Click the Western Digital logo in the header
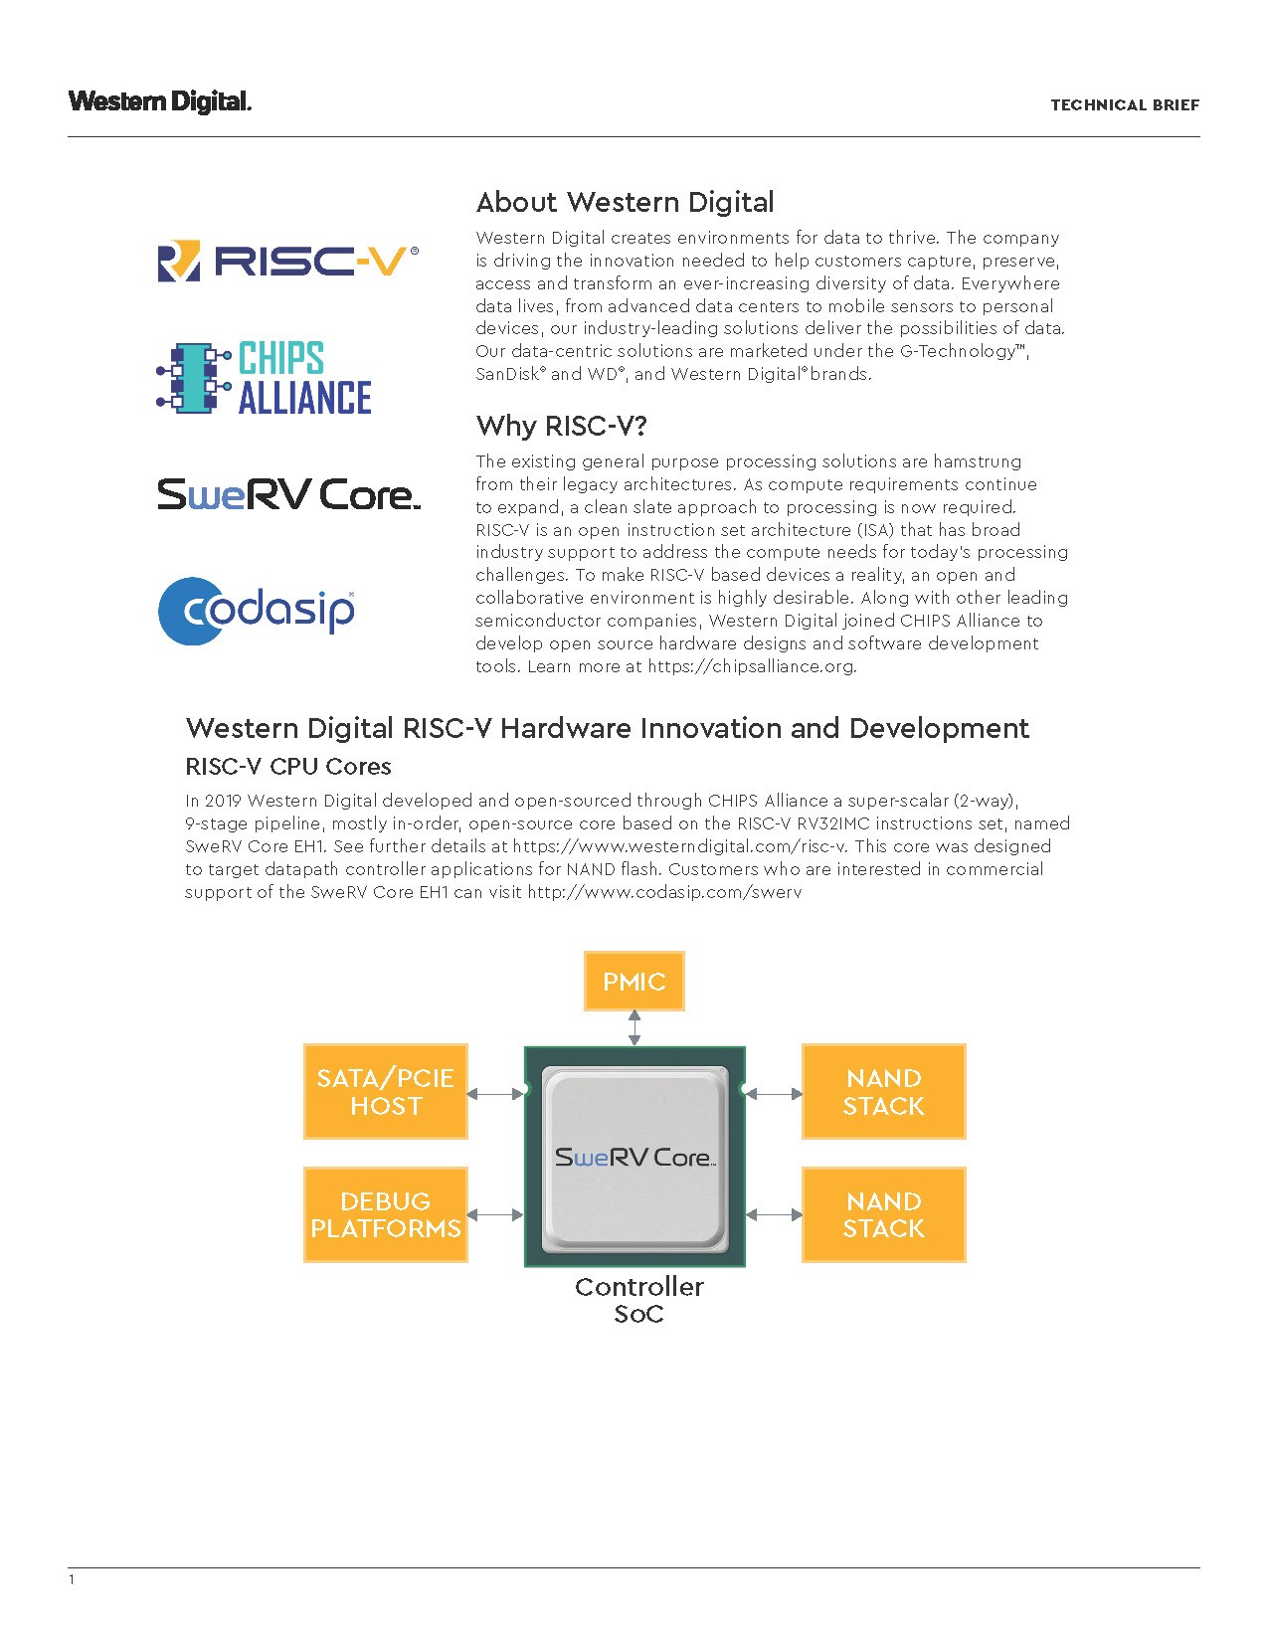pyautogui.click(x=160, y=101)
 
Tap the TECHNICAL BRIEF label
pyautogui.click(x=1125, y=105)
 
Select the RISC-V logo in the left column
pyautogui.click(x=288, y=261)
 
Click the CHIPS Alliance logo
pyautogui.click(x=265, y=378)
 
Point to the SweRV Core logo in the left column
pyautogui.click(x=288, y=494)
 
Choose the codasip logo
pyautogui.click(x=257, y=610)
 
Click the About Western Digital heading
pyautogui.click(x=625, y=203)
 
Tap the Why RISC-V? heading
pyautogui.click(x=562, y=427)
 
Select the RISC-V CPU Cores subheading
pyautogui.click(x=288, y=767)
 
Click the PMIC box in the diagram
pyautogui.click(x=634, y=982)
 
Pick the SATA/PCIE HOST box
pyautogui.click(x=386, y=1092)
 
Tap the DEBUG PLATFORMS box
pyautogui.click(x=386, y=1215)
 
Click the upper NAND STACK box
pyautogui.click(x=883, y=1092)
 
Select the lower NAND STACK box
pyautogui.click(x=883, y=1215)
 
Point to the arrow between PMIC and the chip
pyautogui.click(x=634, y=1027)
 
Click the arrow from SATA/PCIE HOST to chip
pyautogui.click(x=495, y=1094)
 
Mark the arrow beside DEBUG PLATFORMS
pyautogui.click(x=495, y=1214)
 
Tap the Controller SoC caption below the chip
pyautogui.click(x=638, y=1300)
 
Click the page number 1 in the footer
pyautogui.click(x=72, y=1579)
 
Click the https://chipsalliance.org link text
pyautogui.click(x=751, y=666)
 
